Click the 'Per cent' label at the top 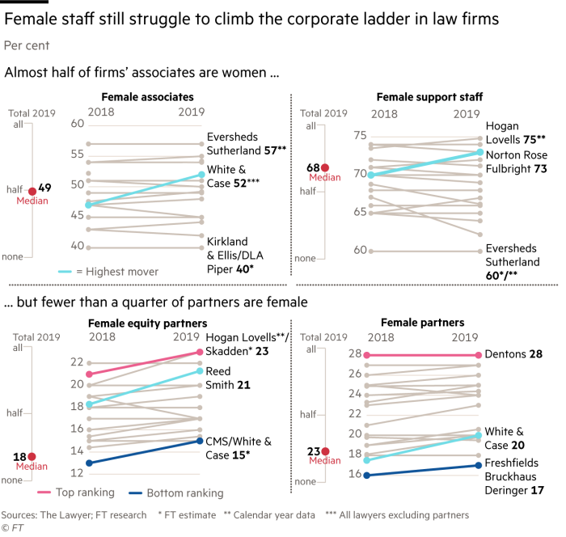click(27, 46)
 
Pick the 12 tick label click(76, 473)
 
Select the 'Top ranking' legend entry click(85, 493)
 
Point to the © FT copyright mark click(15, 526)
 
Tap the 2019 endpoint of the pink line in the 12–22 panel click(200, 352)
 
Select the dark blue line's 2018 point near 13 click(89, 463)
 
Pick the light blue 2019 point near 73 click(480, 152)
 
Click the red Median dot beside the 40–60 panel click(32, 192)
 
